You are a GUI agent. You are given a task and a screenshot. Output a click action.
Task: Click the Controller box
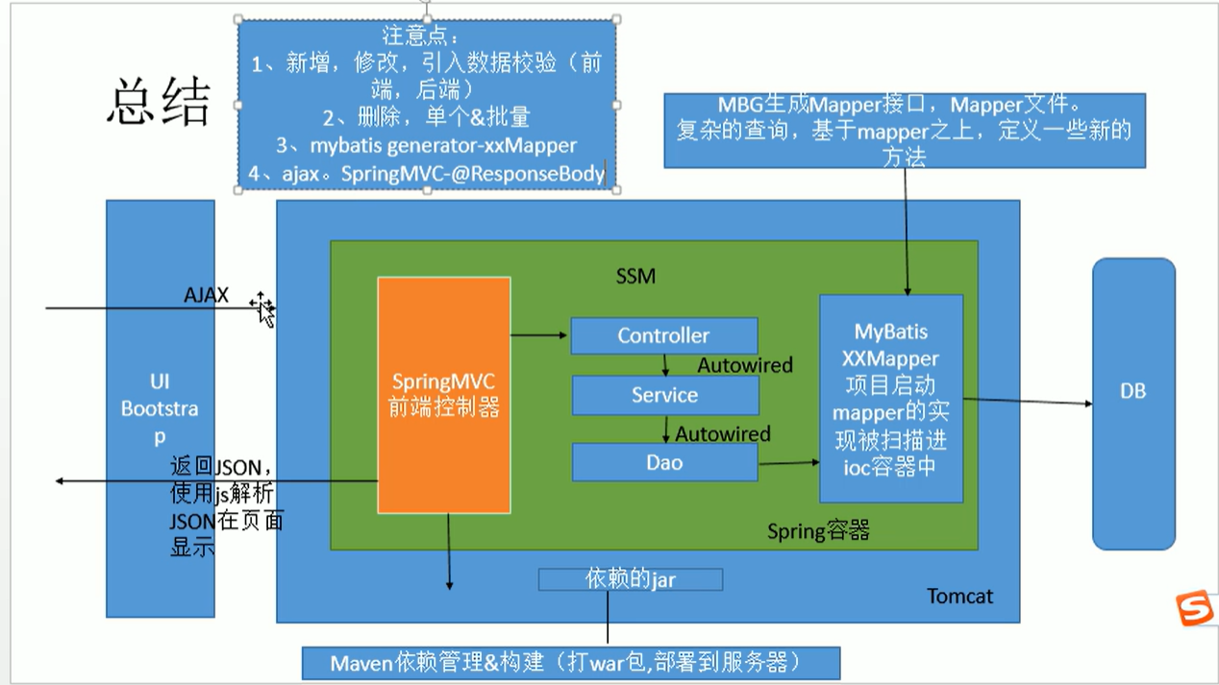click(664, 335)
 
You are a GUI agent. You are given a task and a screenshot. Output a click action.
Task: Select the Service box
click(665, 395)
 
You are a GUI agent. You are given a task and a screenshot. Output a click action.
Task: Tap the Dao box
click(664, 462)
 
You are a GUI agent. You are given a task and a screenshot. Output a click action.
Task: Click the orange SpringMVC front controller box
click(443, 395)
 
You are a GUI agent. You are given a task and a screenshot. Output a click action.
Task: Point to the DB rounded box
click(1133, 404)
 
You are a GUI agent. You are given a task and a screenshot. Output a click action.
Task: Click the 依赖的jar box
click(631, 579)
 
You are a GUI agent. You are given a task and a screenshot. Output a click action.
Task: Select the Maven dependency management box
click(571, 663)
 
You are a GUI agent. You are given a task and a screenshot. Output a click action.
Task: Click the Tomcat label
click(960, 597)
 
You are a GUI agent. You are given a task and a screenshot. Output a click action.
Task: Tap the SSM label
click(635, 276)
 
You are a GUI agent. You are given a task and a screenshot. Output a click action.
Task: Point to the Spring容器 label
click(818, 531)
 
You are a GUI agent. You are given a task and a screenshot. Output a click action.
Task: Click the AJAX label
click(207, 295)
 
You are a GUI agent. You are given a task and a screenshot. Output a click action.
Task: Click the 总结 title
click(159, 102)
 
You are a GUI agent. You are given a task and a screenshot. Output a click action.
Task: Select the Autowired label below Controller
click(744, 365)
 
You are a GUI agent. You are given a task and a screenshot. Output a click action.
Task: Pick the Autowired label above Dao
click(723, 434)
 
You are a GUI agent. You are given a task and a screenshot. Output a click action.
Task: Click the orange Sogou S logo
click(1195, 608)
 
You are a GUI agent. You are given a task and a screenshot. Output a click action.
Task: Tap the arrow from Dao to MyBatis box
click(789, 463)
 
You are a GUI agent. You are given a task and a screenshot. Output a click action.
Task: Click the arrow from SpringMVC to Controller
click(538, 335)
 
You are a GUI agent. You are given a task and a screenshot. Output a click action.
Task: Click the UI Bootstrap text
click(160, 409)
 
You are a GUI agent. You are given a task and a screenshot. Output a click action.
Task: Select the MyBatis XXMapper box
click(891, 399)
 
